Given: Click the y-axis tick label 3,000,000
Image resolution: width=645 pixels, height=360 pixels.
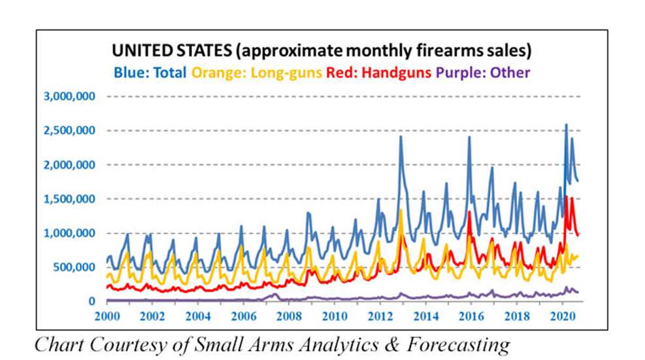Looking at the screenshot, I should (x=70, y=96).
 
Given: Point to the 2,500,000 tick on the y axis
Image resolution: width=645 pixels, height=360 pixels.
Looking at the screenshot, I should (x=70, y=131).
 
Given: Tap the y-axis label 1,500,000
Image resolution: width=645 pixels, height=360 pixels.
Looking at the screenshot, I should (x=70, y=199).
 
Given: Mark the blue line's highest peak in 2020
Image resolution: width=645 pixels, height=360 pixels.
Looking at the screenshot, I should (x=566, y=125).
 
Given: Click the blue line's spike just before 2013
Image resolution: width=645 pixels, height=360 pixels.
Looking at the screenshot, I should (x=401, y=137).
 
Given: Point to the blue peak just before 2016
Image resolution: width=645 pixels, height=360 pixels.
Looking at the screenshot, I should (x=469, y=137).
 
